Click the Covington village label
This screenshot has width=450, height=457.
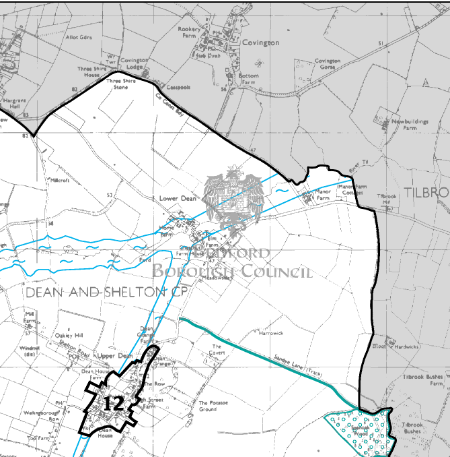coord(260,42)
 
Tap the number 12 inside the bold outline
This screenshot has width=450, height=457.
coord(112,403)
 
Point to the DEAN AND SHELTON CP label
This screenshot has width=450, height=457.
coord(106,293)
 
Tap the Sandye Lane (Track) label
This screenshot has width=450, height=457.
coord(296,366)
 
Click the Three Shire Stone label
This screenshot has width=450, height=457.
coord(120,84)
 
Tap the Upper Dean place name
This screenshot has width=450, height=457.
coord(112,355)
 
